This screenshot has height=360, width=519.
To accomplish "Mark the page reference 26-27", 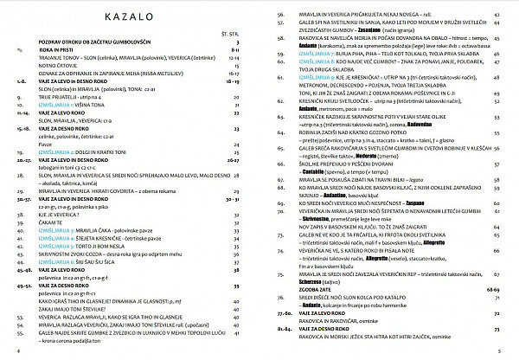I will [231, 159].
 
